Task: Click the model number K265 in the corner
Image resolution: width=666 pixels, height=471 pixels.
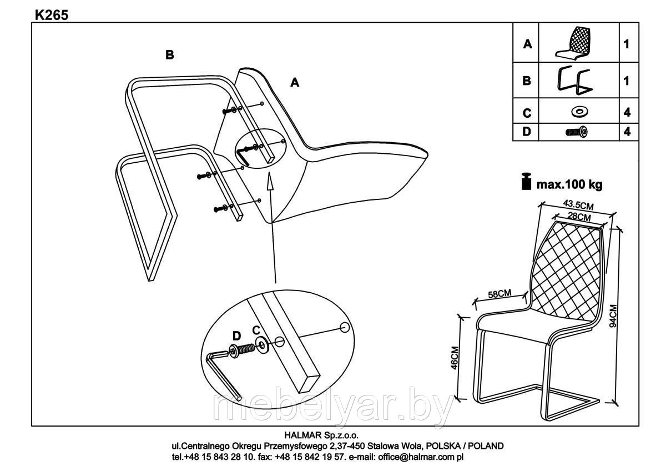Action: point(52,15)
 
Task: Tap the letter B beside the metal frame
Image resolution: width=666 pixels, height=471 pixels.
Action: point(170,55)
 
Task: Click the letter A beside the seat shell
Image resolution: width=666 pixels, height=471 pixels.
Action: point(295,83)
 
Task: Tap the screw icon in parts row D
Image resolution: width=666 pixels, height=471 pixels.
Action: point(577,132)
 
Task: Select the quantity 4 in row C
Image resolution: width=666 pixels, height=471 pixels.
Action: point(627,112)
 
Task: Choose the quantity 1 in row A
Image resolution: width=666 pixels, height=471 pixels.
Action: point(627,43)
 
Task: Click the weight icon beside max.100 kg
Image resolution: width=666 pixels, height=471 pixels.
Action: point(524,182)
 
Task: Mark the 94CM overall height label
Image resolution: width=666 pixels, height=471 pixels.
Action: point(613,317)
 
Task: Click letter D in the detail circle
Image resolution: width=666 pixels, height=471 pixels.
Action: point(236,335)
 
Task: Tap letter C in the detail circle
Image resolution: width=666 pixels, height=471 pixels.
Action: point(256,330)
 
